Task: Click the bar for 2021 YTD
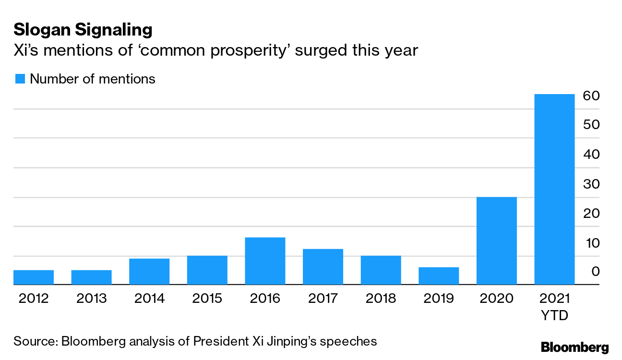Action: (554, 189)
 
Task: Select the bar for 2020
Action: (496, 240)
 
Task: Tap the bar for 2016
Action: (265, 261)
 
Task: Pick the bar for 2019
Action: (439, 276)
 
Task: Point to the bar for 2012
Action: (34, 277)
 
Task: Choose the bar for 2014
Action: (149, 271)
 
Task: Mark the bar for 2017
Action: (323, 266)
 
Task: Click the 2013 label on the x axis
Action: (92, 299)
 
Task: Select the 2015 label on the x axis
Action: (207, 299)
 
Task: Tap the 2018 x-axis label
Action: (381, 299)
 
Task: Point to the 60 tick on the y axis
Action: (591, 96)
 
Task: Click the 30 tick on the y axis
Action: (591, 184)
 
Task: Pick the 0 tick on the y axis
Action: (595, 272)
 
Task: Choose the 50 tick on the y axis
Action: (591, 125)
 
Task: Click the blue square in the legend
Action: (20, 79)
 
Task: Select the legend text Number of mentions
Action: (93, 79)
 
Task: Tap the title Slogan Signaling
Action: (83, 30)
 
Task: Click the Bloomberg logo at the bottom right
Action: (574, 347)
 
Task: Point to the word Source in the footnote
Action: (35, 341)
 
